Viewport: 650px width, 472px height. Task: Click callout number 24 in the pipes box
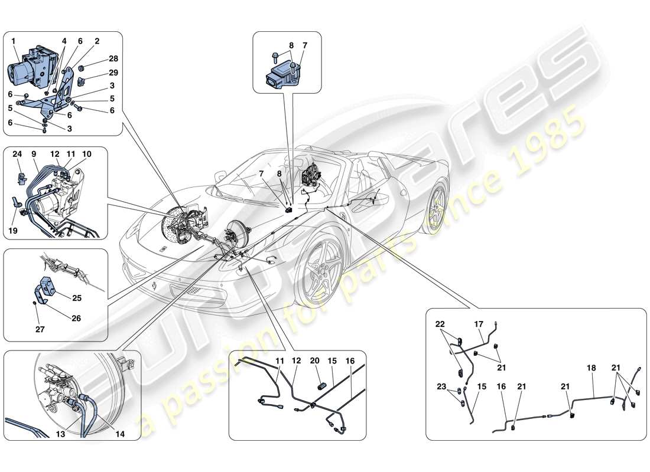17,155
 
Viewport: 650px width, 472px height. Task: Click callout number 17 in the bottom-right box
479,324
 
